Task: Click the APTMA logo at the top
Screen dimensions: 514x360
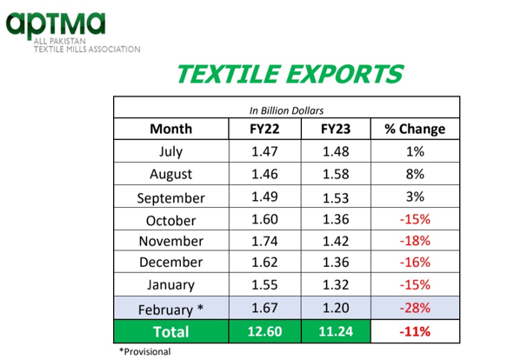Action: click(x=73, y=32)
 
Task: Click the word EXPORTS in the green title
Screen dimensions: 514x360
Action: click(x=345, y=74)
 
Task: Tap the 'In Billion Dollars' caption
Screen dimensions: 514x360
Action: click(x=286, y=110)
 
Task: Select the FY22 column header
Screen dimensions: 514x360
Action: click(x=264, y=129)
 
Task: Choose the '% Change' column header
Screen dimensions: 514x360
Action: click(x=415, y=129)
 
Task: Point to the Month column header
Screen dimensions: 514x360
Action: click(x=170, y=129)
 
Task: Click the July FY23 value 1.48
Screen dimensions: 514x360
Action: click(x=336, y=151)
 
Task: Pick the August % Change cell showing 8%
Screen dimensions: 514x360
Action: click(x=415, y=174)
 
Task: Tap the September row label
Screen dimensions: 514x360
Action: click(x=170, y=198)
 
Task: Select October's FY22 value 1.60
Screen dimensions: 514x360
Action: click(x=264, y=219)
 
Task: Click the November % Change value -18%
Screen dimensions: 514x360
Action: click(x=415, y=241)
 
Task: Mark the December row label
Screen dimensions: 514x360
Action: click(x=170, y=263)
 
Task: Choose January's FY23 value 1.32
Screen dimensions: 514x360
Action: click(x=336, y=284)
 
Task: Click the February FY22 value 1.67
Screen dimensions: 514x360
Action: click(x=264, y=308)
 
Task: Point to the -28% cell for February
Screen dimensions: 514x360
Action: click(x=415, y=308)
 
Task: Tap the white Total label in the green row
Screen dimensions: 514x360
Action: click(x=170, y=332)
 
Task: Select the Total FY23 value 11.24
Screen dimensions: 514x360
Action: click(x=336, y=331)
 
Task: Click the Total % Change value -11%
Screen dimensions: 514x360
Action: click(x=415, y=331)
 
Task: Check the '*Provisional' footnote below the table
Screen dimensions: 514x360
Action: click(x=145, y=352)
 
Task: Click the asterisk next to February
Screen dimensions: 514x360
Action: click(x=200, y=308)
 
